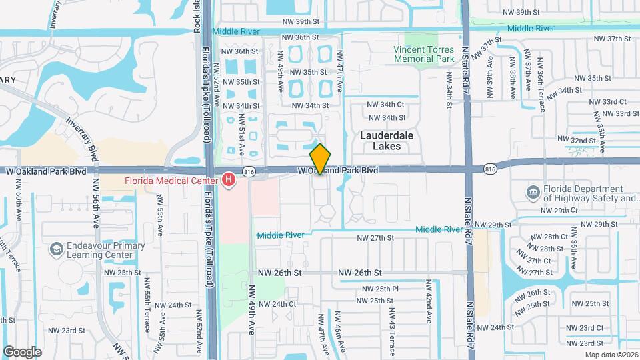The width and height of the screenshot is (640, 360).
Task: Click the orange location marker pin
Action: coord(321,159)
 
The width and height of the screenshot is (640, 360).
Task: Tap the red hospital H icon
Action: coord(229,181)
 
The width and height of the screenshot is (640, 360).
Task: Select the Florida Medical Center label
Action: coord(171,181)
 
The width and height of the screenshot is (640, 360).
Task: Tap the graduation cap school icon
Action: coord(57,249)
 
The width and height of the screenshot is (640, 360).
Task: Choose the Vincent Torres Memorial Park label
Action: coord(423,54)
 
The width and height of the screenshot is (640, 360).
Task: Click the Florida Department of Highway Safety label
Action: coord(591,193)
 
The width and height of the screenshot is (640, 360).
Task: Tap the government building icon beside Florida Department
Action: coord(533,193)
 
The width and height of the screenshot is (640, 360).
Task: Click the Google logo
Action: coord(22,351)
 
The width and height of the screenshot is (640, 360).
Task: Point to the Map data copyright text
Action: coord(611,354)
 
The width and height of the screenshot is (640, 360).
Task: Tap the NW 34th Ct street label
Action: coord(386,104)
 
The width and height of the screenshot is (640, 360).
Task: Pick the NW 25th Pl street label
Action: coord(380,289)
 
